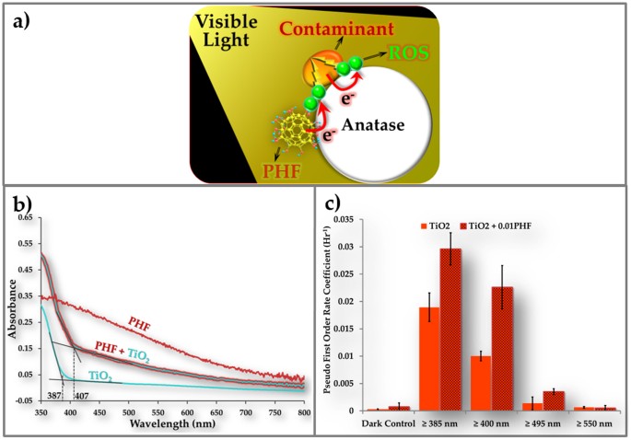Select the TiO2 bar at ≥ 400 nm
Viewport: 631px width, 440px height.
(481, 383)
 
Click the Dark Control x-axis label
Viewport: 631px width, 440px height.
(388, 426)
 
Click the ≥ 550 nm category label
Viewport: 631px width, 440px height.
(594, 426)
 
